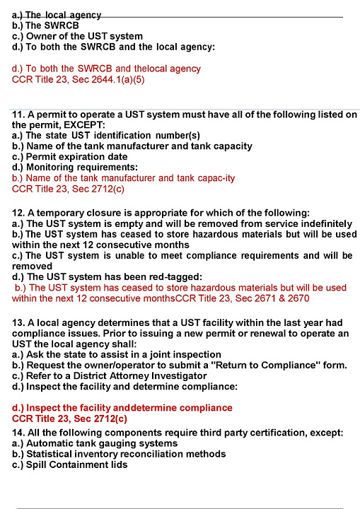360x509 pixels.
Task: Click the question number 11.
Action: coord(18,114)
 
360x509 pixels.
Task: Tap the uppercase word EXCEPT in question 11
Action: coord(103,124)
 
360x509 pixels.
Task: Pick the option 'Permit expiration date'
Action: coord(70,156)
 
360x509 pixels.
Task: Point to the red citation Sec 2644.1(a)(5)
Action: coord(112,79)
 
